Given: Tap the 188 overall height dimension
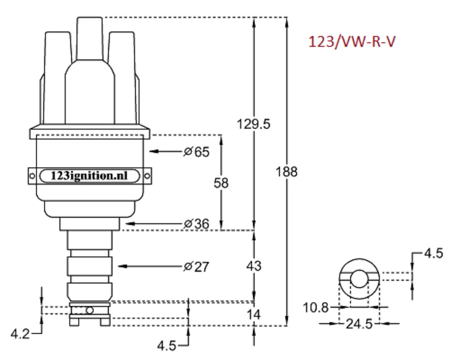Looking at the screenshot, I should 286,172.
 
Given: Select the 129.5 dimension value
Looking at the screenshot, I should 253,124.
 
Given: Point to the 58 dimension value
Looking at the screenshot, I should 221,183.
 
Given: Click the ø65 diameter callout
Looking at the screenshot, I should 196,152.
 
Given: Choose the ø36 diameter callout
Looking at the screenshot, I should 196,224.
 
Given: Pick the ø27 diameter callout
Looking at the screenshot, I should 196,267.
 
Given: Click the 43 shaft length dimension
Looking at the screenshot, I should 254,266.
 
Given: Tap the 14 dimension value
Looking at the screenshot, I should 254,314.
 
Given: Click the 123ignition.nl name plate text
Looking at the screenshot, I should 89,175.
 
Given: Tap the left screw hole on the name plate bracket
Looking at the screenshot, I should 33,175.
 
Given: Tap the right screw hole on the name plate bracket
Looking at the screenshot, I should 147,175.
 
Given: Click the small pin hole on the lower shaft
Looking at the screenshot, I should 89,310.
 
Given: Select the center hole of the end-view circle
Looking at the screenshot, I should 359,279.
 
